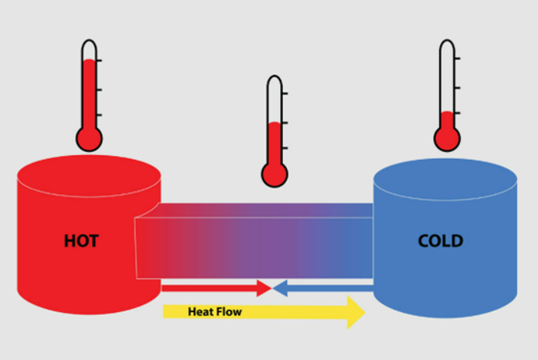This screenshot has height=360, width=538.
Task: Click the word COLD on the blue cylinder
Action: (440, 241)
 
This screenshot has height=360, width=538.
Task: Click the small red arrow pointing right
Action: (216, 287)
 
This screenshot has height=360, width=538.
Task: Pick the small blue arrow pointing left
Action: (323, 287)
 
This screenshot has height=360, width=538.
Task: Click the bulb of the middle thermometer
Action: (275, 174)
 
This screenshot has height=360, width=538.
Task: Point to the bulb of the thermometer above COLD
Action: (446, 139)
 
